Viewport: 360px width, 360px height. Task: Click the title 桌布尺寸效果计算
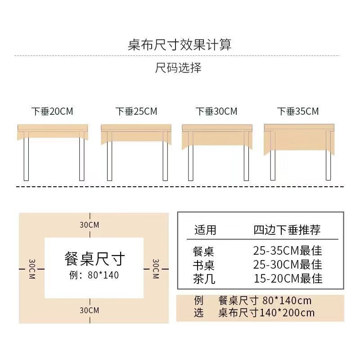pyautogui.click(x=180, y=45)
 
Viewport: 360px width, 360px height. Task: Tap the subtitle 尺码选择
pyautogui.click(x=178, y=68)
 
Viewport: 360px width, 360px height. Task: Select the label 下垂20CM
pyautogui.click(x=52, y=111)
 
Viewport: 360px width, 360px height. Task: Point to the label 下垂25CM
pyautogui.click(x=136, y=111)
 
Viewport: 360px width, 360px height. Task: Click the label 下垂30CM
pyautogui.click(x=216, y=111)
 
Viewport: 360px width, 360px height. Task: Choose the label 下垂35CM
pyautogui.click(x=298, y=111)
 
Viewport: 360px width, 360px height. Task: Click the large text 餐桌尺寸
pyautogui.click(x=94, y=259)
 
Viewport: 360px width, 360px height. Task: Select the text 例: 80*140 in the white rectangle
pyautogui.click(x=94, y=274)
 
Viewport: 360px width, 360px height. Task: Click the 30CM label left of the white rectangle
pyautogui.click(x=32, y=269)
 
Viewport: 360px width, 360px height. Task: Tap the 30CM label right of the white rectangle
pyautogui.click(x=156, y=269)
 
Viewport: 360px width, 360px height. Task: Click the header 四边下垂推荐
pyautogui.click(x=287, y=230)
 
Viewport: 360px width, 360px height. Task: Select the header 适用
pyautogui.click(x=205, y=230)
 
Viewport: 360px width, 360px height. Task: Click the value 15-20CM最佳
pyautogui.click(x=288, y=279)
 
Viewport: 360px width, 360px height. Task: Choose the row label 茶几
pyautogui.click(x=204, y=279)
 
